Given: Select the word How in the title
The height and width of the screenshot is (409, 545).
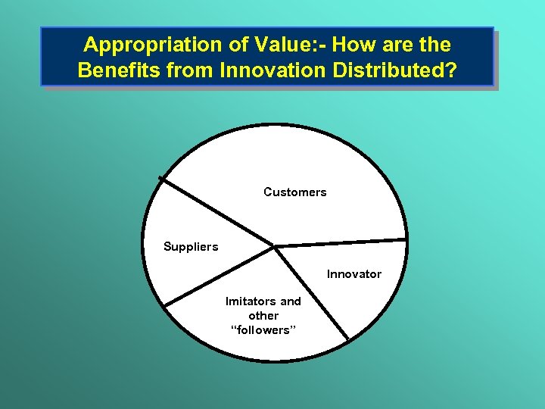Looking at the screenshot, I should (x=316, y=45).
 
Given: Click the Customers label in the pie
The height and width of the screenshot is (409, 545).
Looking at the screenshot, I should (x=294, y=192).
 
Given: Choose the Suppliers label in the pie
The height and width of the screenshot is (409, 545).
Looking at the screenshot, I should (x=191, y=247).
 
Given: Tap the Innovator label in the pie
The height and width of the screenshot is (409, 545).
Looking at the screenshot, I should (x=353, y=274).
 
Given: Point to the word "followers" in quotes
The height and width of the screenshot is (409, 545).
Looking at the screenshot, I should (x=263, y=330).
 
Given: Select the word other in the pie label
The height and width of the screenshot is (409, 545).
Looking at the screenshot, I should (x=263, y=316).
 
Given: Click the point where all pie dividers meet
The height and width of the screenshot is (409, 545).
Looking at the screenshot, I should (x=274, y=246).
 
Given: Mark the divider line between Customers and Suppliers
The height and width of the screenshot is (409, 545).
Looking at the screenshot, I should (x=216, y=212).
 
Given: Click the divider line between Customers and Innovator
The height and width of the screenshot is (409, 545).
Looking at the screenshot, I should (x=341, y=243).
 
